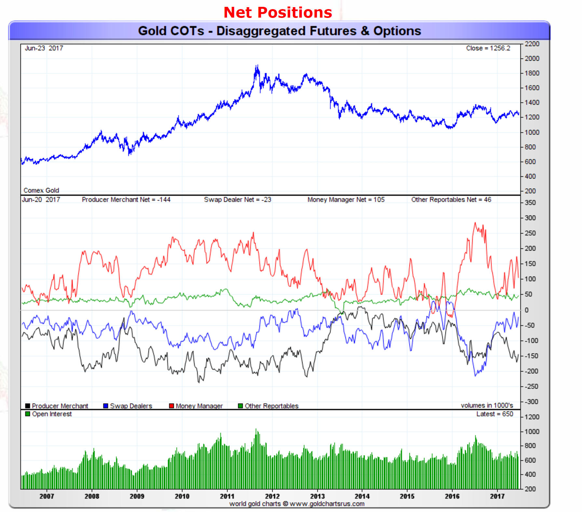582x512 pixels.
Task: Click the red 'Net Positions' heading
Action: [x=278, y=13]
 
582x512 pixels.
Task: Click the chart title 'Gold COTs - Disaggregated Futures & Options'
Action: [x=279, y=31]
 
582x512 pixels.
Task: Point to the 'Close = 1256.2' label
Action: [x=488, y=48]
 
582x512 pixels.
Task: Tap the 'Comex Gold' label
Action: [x=41, y=190]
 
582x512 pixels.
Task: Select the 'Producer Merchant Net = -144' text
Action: [x=126, y=200]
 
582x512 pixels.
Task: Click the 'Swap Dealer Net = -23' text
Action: [x=237, y=200]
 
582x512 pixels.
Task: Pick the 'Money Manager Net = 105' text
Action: [x=346, y=200]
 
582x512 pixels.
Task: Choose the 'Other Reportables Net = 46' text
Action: [x=451, y=200]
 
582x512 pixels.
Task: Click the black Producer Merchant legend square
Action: [x=28, y=406]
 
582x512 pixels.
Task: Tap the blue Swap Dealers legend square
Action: [x=106, y=406]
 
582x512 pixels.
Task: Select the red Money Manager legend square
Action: [x=171, y=406]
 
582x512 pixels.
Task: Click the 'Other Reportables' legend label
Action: [x=271, y=406]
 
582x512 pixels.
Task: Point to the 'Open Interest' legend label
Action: [x=52, y=414]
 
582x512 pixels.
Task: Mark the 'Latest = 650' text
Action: [x=494, y=414]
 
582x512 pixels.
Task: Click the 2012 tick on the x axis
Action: [x=272, y=496]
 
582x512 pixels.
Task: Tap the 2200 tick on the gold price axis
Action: [x=532, y=44]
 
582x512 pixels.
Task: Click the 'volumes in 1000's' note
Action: [x=487, y=405]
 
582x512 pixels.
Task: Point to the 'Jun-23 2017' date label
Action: [x=44, y=48]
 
